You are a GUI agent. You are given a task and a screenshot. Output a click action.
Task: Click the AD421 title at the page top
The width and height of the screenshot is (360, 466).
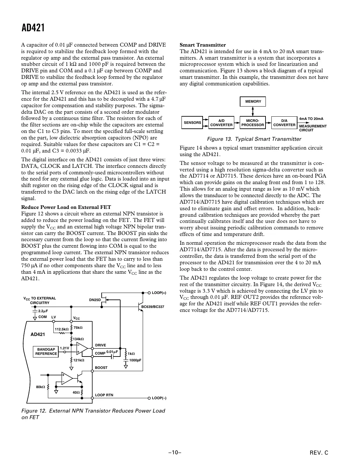tap(33, 28)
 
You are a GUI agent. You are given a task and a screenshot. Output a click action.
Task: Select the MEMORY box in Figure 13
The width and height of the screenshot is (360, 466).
tap(253, 102)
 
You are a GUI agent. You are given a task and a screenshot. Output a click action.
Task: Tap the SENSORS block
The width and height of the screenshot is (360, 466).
tap(192, 123)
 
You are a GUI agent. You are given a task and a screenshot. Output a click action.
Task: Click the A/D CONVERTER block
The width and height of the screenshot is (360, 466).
tap(221, 123)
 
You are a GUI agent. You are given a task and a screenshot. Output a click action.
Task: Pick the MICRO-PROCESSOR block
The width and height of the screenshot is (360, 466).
tap(253, 123)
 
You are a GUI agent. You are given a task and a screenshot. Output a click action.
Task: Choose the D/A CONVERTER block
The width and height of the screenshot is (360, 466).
tap(284, 123)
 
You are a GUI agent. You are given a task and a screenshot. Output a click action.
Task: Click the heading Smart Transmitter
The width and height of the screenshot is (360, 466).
tap(203, 45)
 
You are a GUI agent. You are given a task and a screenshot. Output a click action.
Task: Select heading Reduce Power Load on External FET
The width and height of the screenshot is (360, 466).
tap(66, 207)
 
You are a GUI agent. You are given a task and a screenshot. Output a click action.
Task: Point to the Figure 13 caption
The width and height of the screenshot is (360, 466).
tap(254, 139)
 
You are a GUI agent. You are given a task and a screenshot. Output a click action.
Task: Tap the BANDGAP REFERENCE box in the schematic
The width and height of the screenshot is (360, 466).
tap(46, 352)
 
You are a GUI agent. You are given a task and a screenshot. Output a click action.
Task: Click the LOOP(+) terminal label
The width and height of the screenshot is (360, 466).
tap(159, 293)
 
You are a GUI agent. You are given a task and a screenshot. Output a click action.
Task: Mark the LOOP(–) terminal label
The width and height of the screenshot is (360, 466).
tap(159, 398)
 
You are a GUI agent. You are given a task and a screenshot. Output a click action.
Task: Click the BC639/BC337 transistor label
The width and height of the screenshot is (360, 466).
tap(153, 307)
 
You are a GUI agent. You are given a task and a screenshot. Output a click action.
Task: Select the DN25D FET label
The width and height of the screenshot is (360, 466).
tap(95, 300)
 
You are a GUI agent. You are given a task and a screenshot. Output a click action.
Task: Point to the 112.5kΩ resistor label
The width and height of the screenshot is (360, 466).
tap(62, 329)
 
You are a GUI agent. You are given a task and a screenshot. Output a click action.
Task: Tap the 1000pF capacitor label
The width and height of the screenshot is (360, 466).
tap(135, 360)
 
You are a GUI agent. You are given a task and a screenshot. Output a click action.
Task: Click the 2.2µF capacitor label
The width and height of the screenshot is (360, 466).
tap(43, 311)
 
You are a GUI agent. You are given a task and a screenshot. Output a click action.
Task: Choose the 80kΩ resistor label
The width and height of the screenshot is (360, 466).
tap(40, 387)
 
